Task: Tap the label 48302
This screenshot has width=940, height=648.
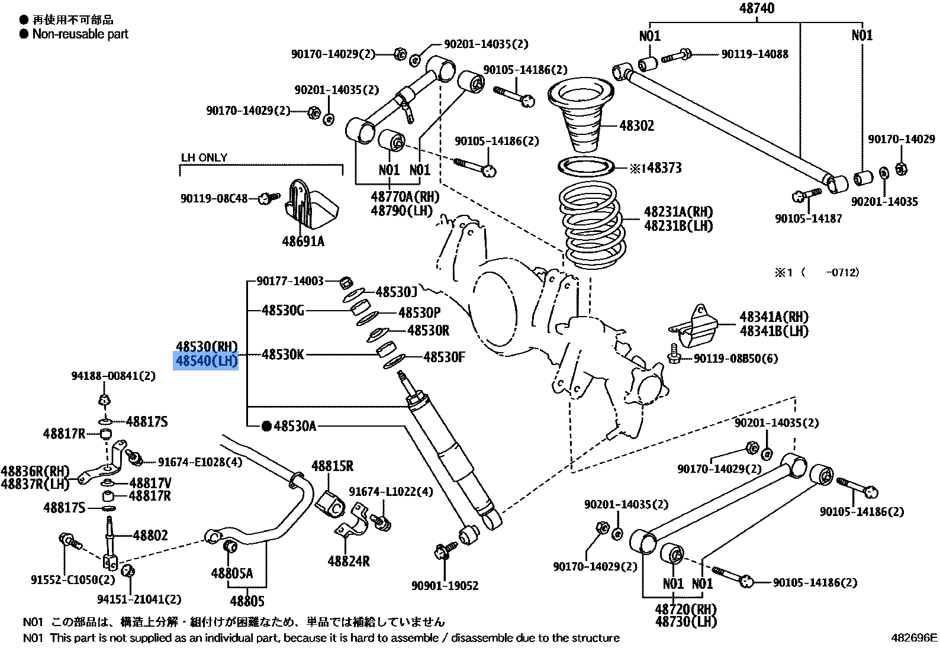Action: tap(636, 126)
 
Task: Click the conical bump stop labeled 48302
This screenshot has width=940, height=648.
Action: tap(580, 118)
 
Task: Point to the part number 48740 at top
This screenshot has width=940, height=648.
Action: tap(756, 8)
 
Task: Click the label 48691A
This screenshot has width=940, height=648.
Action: tap(303, 241)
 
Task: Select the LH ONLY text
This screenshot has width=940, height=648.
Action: tap(204, 158)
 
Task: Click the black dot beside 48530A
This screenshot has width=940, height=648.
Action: tap(266, 425)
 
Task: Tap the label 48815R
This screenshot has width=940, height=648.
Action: tap(332, 466)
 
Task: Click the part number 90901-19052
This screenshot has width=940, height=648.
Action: tap(445, 586)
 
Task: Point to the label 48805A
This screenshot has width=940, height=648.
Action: tap(231, 573)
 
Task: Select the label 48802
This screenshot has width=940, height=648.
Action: tap(150, 536)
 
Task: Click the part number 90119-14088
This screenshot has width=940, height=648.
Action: tap(755, 54)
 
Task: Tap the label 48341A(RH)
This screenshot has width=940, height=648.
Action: tap(774, 317)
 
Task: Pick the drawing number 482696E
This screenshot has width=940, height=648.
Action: tap(914, 637)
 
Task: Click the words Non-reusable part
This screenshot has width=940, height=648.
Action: tap(80, 34)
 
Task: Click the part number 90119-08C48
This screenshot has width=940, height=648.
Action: tap(214, 199)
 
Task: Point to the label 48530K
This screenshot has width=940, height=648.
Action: tap(283, 355)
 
